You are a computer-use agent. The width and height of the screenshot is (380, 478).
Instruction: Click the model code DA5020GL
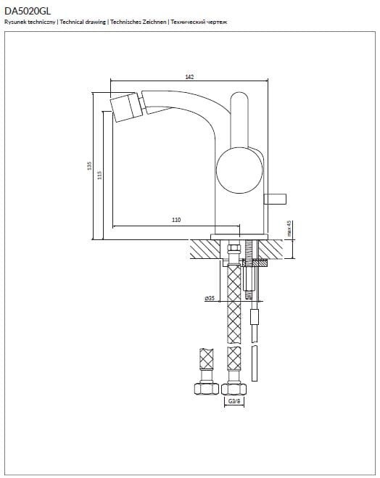[28, 12]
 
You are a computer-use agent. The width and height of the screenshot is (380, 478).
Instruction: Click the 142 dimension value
[189, 77]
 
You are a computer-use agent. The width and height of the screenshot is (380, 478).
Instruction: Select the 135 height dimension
[90, 165]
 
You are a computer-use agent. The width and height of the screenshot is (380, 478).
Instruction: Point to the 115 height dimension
[99, 175]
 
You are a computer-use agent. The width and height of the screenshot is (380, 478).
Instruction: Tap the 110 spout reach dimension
[176, 220]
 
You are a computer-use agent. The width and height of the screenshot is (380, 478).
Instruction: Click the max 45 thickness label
[289, 228]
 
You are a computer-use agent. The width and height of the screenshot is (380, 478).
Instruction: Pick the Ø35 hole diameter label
[210, 298]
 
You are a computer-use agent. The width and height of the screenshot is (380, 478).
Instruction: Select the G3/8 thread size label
[234, 401]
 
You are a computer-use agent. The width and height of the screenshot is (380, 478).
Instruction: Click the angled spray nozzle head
[126, 107]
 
